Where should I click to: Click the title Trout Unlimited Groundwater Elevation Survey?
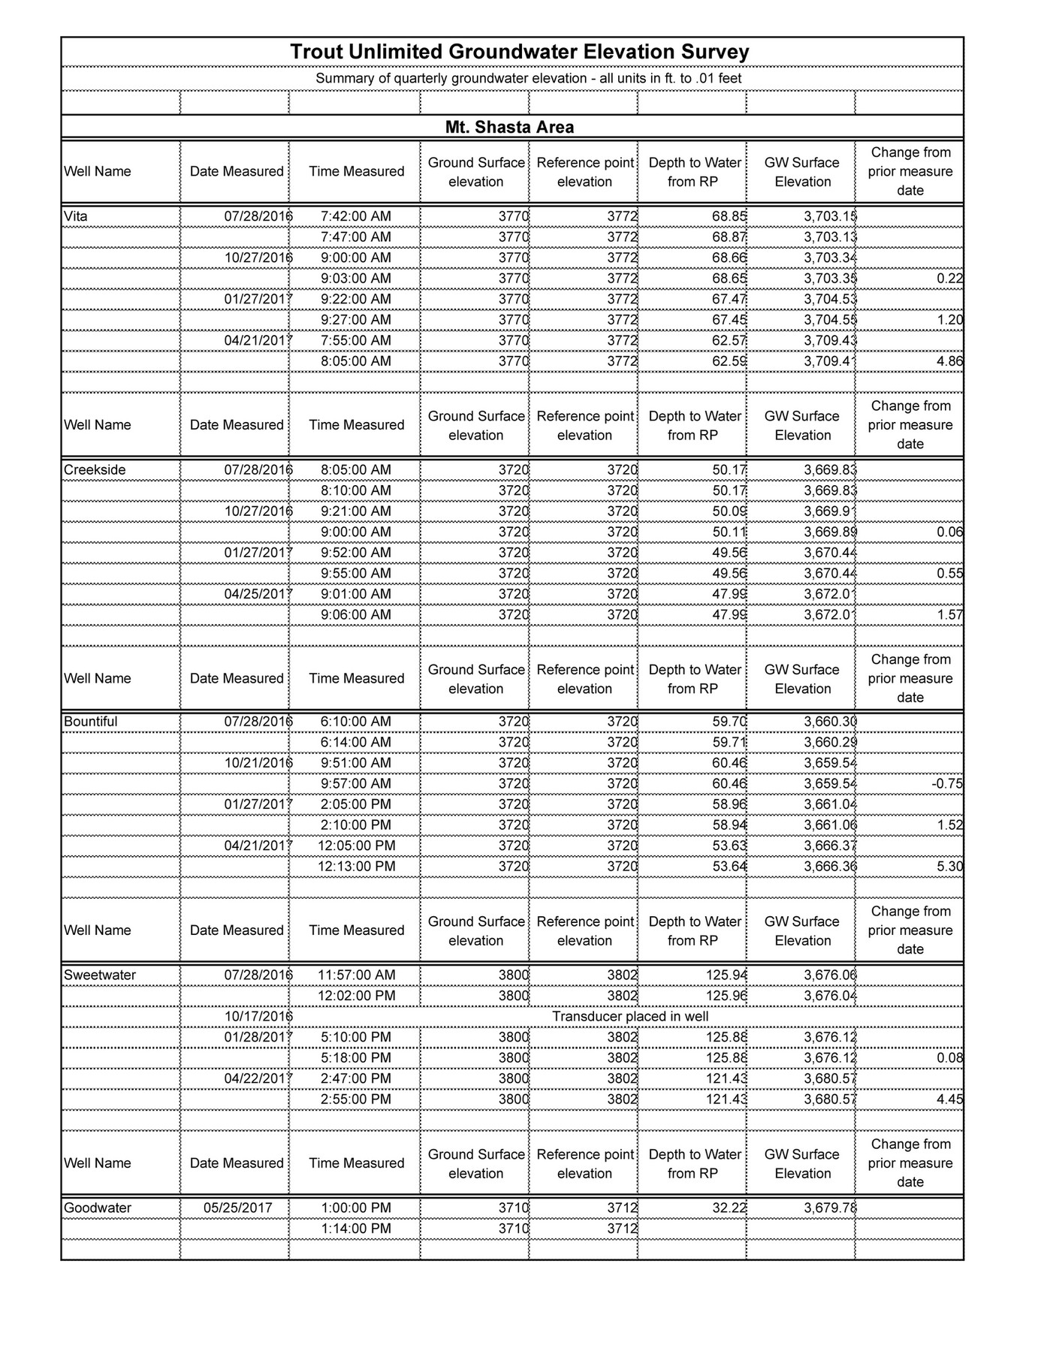[x=519, y=52]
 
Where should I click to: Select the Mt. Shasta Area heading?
[x=509, y=127]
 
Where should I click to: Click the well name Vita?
[x=76, y=216]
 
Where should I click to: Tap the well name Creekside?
[x=95, y=470]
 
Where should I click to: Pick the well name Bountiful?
[x=91, y=722]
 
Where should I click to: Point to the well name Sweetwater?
[x=100, y=975]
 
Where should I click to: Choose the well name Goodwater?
[x=98, y=1208]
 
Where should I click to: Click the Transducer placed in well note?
[x=630, y=1017]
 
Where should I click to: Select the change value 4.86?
[x=950, y=361]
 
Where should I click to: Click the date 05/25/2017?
[x=237, y=1208]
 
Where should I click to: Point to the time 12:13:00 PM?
[x=356, y=867]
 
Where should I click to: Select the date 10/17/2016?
[x=258, y=1017]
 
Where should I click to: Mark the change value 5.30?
[x=950, y=867]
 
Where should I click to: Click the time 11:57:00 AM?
[x=356, y=975]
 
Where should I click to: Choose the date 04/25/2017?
[x=258, y=594]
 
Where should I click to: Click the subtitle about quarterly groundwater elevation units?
[x=528, y=78]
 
